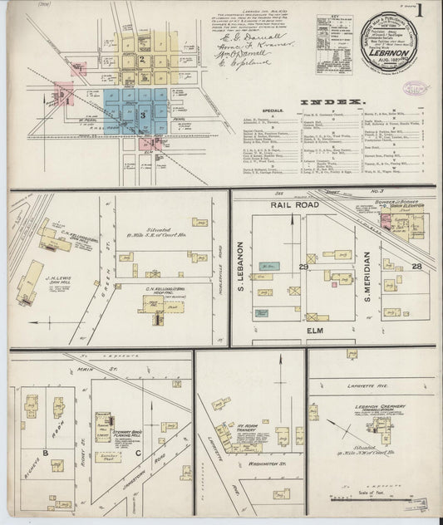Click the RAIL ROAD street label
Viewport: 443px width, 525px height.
coord(291,204)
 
